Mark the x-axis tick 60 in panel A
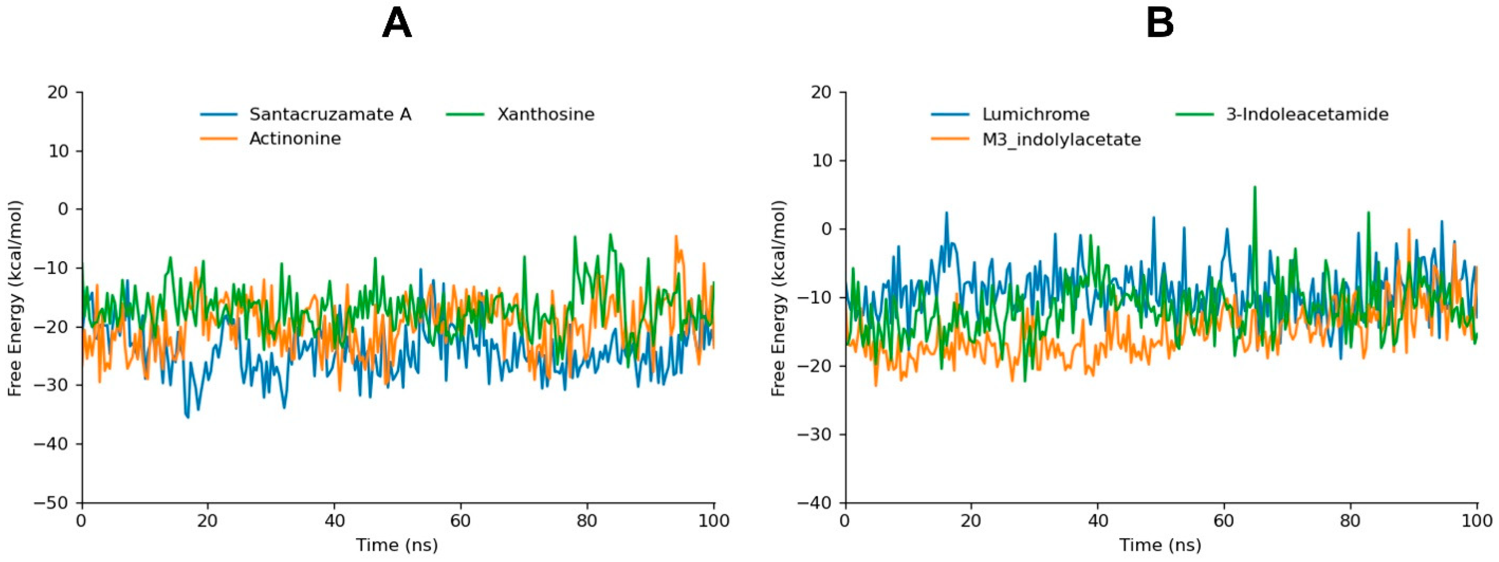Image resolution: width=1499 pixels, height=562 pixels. (460, 520)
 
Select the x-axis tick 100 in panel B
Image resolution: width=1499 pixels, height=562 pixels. (1477, 520)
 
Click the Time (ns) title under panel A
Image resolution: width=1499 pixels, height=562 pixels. (397, 545)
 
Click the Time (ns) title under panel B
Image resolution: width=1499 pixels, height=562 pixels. (1160, 545)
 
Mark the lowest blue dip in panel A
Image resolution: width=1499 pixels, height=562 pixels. (188, 417)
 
